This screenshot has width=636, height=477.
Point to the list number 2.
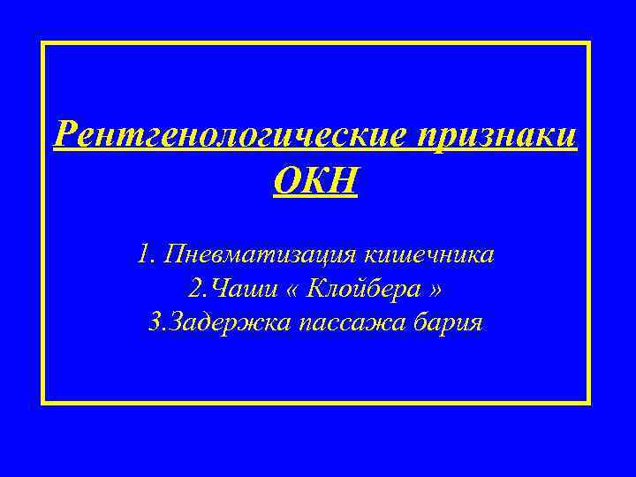tap(193, 289)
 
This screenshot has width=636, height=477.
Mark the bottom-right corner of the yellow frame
tap(587, 402)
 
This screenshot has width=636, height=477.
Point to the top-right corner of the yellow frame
tap(587, 42)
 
